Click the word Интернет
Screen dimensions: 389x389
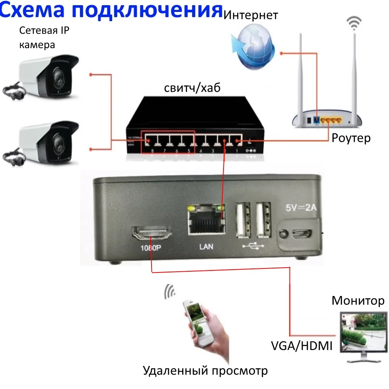click(x=251, y=16)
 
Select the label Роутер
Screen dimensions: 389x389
click(x=351, y=138)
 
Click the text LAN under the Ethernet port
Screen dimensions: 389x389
click(x=206, y=247)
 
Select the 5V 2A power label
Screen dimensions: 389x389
click(x=300, y=207)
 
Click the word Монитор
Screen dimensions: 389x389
click(x=358, y=301)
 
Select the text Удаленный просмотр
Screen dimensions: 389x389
click(x=205, y=371)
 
